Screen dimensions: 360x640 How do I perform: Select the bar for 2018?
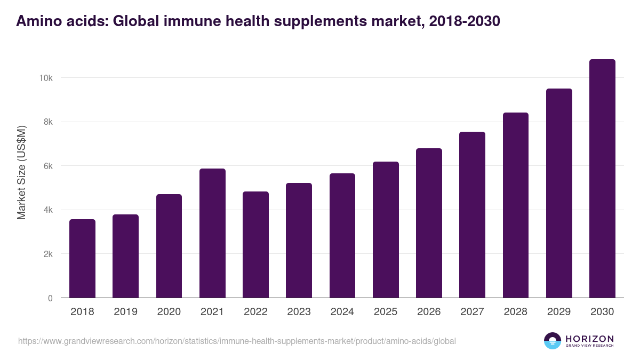point(82,259)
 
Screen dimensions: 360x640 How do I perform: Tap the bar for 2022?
point(255,245)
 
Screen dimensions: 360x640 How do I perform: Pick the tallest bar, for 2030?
point(602,179)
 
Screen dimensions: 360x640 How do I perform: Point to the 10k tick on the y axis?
point(45,78)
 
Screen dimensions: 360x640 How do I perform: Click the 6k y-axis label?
point(47,166)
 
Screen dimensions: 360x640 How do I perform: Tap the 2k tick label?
point(47,254)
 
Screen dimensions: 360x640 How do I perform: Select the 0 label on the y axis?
point(50,298)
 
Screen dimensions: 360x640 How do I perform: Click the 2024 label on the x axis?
point(342,312)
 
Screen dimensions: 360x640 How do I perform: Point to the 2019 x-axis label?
point(125,312)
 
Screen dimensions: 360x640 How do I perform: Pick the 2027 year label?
point(472,312)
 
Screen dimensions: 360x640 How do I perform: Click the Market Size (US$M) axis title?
point(21,173)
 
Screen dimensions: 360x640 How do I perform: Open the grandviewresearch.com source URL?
point(237,341)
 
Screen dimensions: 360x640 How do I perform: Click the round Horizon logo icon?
point(552,341)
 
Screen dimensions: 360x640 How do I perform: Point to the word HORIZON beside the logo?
point(589,338)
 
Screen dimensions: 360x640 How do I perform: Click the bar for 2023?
point(299,241)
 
